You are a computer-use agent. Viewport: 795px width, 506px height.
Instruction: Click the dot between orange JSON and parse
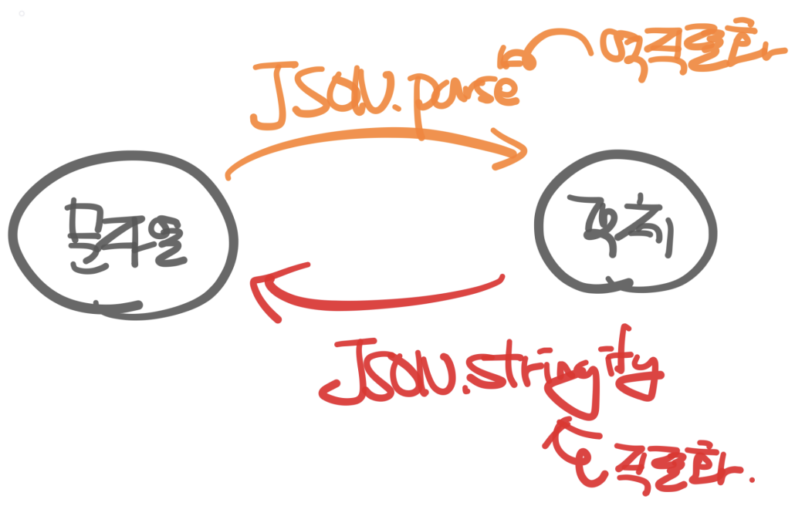pyautogui.click(x=399, y=120)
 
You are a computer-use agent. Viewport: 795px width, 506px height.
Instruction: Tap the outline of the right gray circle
pyautogui.click(x=541, y=224)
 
